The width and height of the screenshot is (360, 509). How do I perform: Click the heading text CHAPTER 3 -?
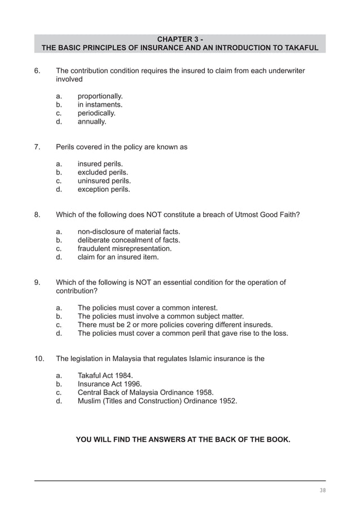click(180, 39)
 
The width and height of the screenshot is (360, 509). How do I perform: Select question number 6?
click(37, 71)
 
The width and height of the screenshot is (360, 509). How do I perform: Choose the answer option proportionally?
click(100, 96)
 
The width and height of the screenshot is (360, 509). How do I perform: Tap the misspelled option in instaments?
click(100, 104)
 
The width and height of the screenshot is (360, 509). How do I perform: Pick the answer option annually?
click(92, 121)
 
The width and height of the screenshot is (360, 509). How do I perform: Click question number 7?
click(37, 147)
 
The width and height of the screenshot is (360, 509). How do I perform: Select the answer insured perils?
click(100, 164)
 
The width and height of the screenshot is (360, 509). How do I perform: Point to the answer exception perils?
click(104, 190)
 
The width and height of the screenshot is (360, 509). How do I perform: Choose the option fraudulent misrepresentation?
click(124, 249)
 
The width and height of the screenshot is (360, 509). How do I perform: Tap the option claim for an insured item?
click(118, 257)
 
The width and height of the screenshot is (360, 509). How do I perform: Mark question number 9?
click(37, 283)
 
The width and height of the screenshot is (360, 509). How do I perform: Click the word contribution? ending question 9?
click(76, 291)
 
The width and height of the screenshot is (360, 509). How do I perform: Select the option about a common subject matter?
click(160, 317)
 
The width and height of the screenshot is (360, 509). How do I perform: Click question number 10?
click(39, 359)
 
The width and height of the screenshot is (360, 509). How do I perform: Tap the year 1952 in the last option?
click(228, 401)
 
